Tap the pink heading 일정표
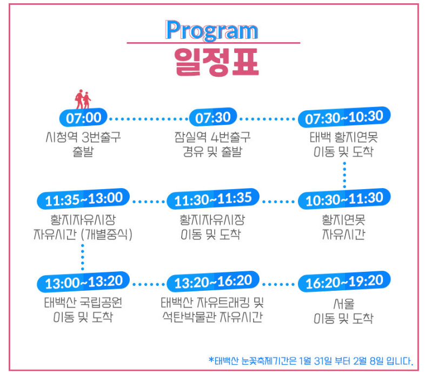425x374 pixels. point(212,61)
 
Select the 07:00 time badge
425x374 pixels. point(83,117)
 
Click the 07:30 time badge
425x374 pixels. point(212,117)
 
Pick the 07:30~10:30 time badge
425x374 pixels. point(344,117)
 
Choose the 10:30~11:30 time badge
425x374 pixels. point(344,199)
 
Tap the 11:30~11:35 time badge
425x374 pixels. point(213,199)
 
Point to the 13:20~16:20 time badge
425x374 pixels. point(213,282)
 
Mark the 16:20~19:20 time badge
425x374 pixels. point(344,282)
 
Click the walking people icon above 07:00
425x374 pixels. point(83,100)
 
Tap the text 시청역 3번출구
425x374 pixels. point(83,137)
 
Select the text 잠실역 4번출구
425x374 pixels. point(212,137)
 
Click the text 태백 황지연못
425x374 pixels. point(344,137)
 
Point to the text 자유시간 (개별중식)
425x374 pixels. point(83,235)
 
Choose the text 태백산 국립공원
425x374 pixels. point(83,302)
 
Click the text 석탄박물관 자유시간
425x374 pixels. point(212,317)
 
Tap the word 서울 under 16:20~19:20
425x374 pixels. point(344,303)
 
